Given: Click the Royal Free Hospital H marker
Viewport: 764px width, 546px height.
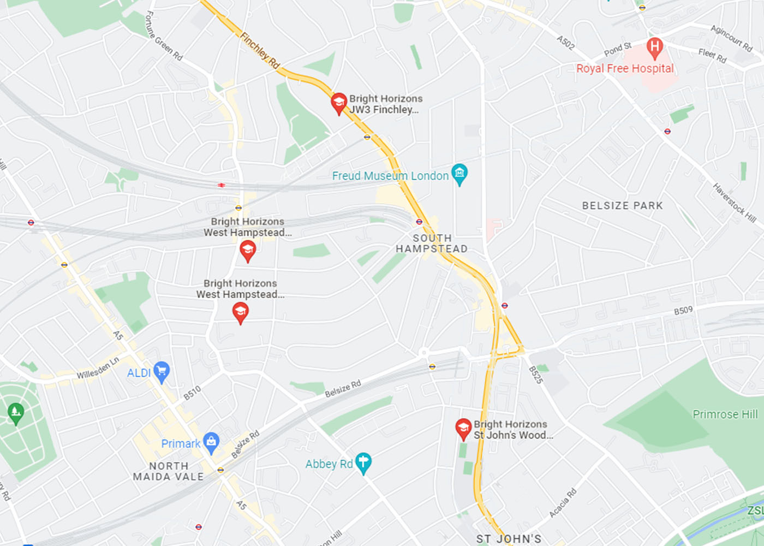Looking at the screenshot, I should click(654, 47).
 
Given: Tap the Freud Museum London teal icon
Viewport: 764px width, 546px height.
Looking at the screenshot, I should click(459, 174).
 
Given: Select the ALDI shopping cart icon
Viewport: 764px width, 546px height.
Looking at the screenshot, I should click(161, 372).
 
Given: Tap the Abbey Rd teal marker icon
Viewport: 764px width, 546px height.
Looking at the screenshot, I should click(363, 463).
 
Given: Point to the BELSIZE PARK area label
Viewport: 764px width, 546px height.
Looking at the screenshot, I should click(622, 206).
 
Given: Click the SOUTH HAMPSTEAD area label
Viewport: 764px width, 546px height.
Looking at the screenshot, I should click(432, 244).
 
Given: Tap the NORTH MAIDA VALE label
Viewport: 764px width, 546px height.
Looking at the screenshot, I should click(169, 471).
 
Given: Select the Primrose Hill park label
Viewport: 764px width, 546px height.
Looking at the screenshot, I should click(725, 414).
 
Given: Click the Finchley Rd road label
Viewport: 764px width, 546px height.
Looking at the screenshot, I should click(260, 50).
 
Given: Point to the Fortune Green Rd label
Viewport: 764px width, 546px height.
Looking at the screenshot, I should click(163, 36).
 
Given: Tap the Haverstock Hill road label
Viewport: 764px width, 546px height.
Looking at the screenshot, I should click(734, 203).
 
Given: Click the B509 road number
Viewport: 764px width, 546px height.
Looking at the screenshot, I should click(683, 311).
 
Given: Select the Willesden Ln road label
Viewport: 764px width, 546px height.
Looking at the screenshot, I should click(98, 370).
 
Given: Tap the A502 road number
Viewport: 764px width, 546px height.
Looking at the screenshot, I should click(565, 43).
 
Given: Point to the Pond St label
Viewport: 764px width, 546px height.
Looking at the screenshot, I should click(618, 50).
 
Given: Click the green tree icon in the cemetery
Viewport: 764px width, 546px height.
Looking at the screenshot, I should click(16, 412).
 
